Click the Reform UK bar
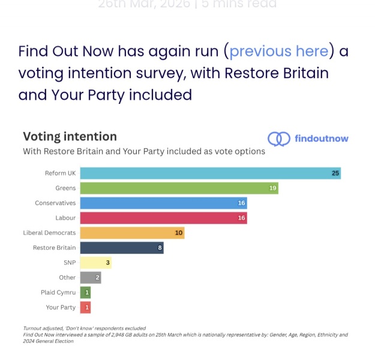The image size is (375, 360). click(210, 173)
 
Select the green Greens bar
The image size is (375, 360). click(179, 188)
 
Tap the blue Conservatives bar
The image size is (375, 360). click(163, 203)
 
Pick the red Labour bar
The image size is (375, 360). click(163, 218)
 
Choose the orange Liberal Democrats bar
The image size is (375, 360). click(132, 233)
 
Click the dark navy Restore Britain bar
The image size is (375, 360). click(122, 248)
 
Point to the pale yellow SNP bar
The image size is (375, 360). click(95, 263)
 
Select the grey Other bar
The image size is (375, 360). click(90, 277)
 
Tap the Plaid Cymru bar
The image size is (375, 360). click(85, 292)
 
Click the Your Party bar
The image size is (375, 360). click(85, 307)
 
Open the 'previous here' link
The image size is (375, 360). click(279, 51)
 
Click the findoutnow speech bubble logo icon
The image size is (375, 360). click(278, 139)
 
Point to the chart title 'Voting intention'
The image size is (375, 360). click(70, 136)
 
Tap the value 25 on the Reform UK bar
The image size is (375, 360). click(335, 173)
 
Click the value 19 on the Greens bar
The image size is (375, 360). click(272, 188)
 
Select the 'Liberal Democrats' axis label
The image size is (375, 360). click(49, 233)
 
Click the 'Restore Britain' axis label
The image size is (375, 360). click(54, 248)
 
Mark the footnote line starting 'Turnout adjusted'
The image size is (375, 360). click(84, 328)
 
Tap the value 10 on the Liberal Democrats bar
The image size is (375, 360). click(178, 233)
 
